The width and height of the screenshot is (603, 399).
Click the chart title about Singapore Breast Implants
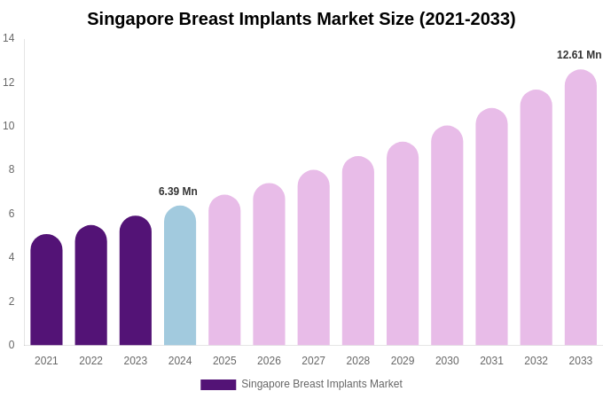pyautogui.click(x=301, y=19)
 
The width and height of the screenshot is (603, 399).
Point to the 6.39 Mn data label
pyautogui.click(x=178, y=192)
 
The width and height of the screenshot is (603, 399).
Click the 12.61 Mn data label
pyautogui.click(x=579, y=55)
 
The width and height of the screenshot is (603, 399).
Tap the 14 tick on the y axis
pyautogui.click(x=9, y=38)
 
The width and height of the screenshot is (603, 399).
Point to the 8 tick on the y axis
pyautogui.click(x=12, y=169)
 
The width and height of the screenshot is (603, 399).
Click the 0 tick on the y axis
pyautogui.click(x=12, y=345)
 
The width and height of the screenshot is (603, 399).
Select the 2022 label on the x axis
pyautogui.click(x=90, y=361)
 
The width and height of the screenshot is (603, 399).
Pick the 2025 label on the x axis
pyautogui.click(x=224, y=361)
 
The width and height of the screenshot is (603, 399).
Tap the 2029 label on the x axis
pyautogui.click(x=403, y=361)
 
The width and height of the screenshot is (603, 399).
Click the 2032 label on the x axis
pyautogui.click(x=536, y=361)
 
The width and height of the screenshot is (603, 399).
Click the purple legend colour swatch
pyautogui.click(x=218, y=385)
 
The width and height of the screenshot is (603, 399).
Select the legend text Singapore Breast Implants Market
pyautogui.click(x=322, y=384)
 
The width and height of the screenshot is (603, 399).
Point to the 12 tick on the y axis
pyautogui.click(x=9, y=82)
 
